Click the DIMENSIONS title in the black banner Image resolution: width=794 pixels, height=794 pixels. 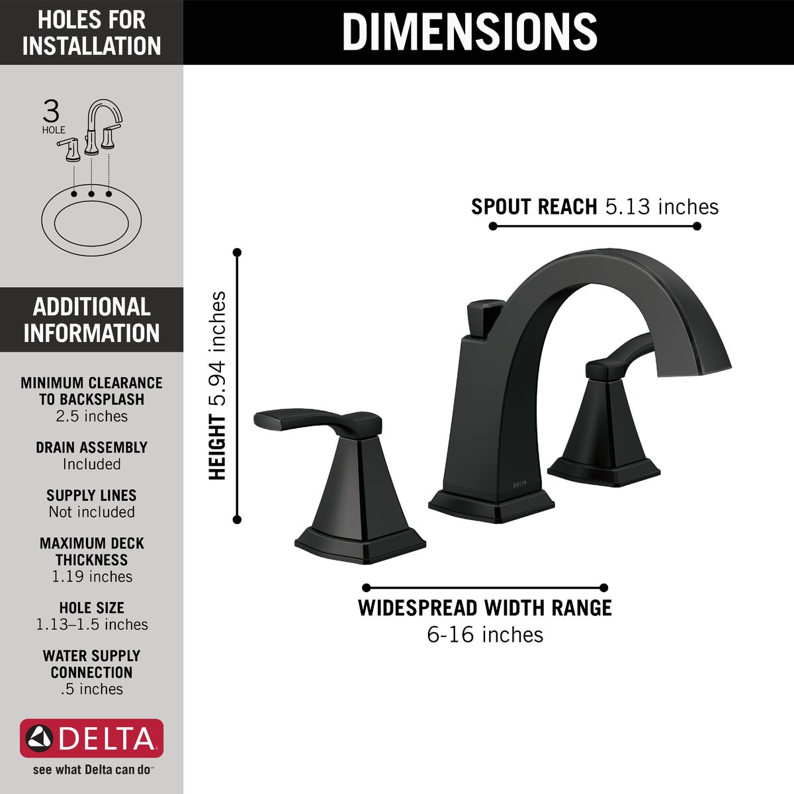point(470,32)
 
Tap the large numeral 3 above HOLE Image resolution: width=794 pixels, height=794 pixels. point(51,111)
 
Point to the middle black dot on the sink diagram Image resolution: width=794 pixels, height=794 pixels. point(91,194)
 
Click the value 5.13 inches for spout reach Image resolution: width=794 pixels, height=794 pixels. point(662,207)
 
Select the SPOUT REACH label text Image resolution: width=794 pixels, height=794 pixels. point(534,207)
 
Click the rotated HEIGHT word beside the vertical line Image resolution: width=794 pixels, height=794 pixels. point(217,447)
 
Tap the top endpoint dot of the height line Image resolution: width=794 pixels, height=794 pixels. point(237,252)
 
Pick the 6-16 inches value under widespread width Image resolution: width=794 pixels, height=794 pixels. point(485,635)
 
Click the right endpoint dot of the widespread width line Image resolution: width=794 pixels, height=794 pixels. point(603,588)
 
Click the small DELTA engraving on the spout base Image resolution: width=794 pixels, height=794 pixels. point(520,484)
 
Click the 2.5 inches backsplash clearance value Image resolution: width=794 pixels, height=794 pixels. point(92,416)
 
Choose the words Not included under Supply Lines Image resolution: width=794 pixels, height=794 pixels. point(92,512)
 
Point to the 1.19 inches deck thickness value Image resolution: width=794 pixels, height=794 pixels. point(92,577)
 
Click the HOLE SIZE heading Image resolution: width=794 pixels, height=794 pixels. point(92,607)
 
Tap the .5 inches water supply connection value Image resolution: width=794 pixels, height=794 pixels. point(92,689)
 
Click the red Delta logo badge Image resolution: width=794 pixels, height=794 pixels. point(91,738)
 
